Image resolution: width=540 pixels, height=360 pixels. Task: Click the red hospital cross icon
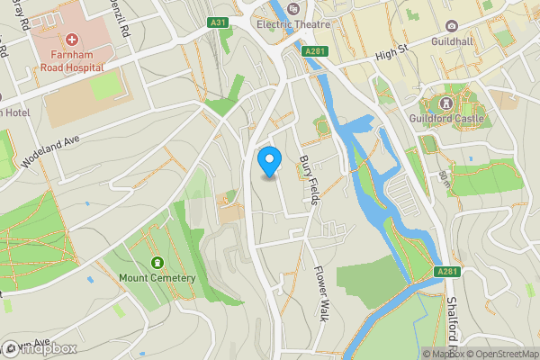[x=71, y=41]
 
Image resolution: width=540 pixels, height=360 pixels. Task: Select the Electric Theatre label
[x=293, y=24]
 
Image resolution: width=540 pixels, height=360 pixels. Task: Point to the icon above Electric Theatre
[x=293, y=8]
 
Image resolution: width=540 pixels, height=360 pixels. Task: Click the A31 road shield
[x=217, y=22]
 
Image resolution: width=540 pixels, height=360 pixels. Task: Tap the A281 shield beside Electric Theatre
[x=314, y=51]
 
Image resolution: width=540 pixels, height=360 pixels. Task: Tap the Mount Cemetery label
[x=157, y=278]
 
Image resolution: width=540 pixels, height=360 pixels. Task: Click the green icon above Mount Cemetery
[x=157, y=262]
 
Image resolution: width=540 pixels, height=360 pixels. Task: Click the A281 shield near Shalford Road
[x=447, y=272]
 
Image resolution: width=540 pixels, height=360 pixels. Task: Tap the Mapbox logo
[x=40, y=348]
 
